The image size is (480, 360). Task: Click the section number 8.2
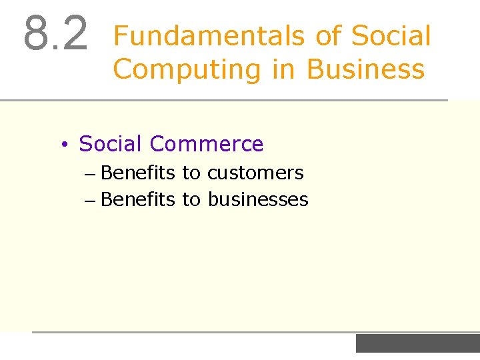(56, 35)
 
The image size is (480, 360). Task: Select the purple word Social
(111, 143)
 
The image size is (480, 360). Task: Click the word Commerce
(207, 143)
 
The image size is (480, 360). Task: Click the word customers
(255, 173)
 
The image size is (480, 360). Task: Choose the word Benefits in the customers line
(138, 173)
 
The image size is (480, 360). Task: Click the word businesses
(258, 199)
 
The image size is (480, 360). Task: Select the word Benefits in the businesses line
(138, 199)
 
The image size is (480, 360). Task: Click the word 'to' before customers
(191, 173)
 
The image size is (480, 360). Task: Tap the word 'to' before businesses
(191, 200)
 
